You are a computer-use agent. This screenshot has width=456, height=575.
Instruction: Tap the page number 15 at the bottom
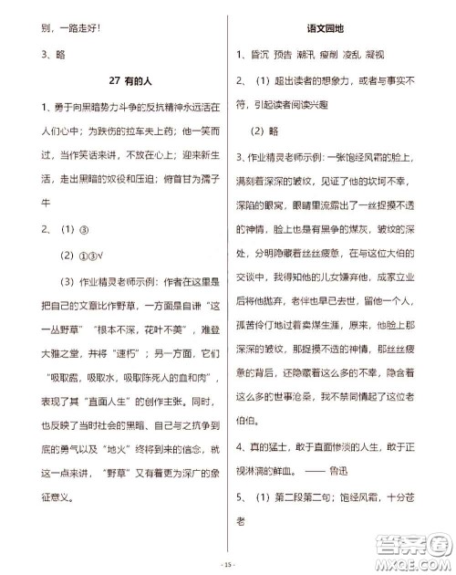pos(228,566)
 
